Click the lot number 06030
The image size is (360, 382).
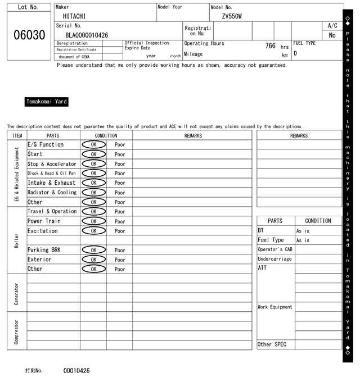coord(29,35)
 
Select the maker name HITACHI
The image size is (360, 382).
coord(74,16)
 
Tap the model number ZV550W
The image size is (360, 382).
coord(232,16)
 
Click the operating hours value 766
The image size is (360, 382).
coord(270,46)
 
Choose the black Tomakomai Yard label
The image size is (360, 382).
coord(47,102)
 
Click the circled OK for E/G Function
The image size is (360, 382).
coord(93,144)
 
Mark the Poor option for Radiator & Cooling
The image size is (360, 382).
coord(120,193)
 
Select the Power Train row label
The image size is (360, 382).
coord(44,221)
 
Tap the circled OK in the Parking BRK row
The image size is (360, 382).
coord(93,250)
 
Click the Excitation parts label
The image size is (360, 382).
coord(43,231)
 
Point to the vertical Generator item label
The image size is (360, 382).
coord(16,294)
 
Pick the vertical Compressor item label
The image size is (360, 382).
coord(16,332)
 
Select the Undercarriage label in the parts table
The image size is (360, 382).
coord(274,259)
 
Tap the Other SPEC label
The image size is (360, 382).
coord(272,344)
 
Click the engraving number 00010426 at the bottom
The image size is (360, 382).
coord(76,371)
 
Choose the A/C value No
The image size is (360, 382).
coord(332,35)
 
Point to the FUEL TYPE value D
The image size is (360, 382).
coord(295,54)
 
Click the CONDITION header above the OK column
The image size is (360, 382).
coord(106,135)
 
